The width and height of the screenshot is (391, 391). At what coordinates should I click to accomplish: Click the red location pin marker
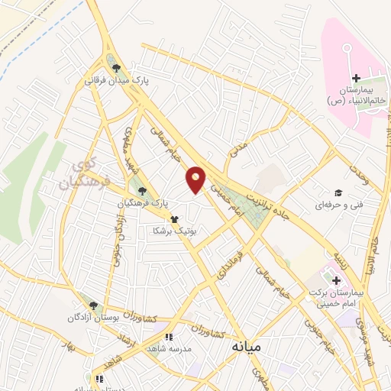[x=196, y=179]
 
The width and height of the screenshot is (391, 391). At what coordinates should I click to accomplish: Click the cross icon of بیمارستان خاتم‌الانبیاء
[x=355, y=79]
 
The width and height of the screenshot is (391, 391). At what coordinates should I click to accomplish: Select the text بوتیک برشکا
[x=175, y=230]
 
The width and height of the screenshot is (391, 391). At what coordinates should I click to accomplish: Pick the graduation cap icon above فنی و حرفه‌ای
[x=337, y=193]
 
